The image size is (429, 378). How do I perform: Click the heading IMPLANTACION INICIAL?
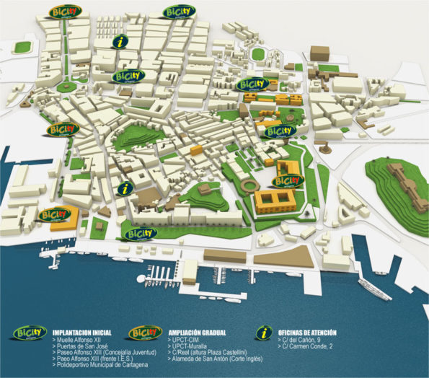(x=84, y=333)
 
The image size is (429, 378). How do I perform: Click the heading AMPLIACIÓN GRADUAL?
(x=198, y=333)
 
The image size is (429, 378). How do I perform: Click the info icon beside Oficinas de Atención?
(x=265, y=334)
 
